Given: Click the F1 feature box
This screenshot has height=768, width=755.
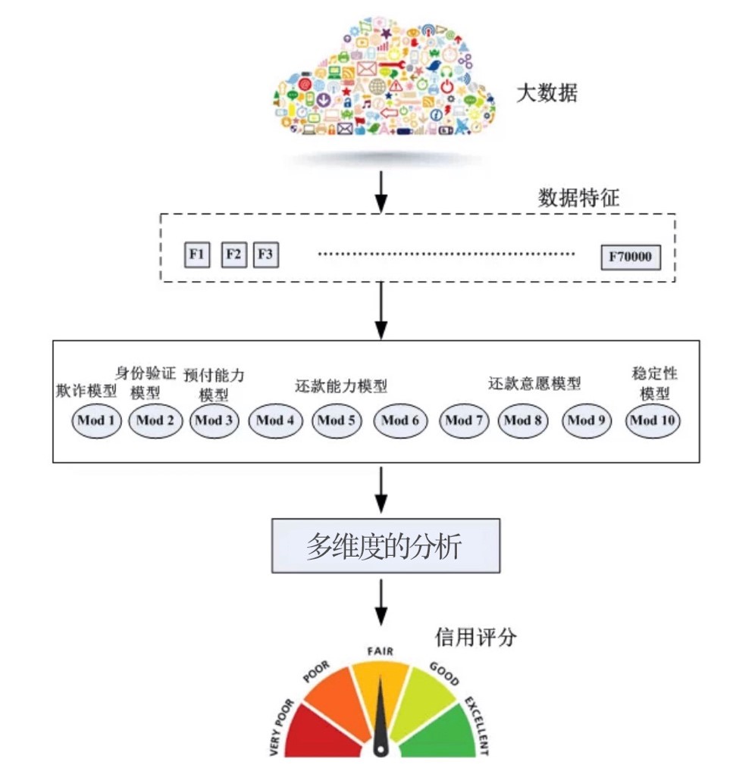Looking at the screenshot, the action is coord(197,254).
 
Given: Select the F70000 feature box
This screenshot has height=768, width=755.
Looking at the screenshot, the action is coord(631,258).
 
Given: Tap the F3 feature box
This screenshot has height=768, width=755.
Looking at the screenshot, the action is coord(266,254).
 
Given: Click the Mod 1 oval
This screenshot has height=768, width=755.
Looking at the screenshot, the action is coord(96,421).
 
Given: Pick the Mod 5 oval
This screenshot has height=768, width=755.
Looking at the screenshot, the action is coord(337,421).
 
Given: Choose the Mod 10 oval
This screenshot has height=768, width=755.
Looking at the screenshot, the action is coord(653,421).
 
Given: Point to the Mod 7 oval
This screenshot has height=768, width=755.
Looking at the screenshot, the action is coord(464,421).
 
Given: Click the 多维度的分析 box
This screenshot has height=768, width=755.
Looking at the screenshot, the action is coord(386,545).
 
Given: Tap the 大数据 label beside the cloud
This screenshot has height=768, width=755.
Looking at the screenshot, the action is coord(547,93).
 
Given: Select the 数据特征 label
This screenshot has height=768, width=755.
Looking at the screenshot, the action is coord(578,198).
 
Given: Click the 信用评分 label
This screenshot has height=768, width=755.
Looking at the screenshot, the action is coord(475,637).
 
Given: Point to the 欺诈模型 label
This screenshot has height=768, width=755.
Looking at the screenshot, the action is coord(86,391).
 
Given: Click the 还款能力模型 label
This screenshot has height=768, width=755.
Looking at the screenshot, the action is coord(341,386).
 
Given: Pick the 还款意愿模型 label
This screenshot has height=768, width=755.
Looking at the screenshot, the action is coord(534,383).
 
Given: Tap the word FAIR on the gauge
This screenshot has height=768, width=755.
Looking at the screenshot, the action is coord(380,651).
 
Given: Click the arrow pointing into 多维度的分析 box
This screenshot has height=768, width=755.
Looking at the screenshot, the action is coord(381,490).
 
